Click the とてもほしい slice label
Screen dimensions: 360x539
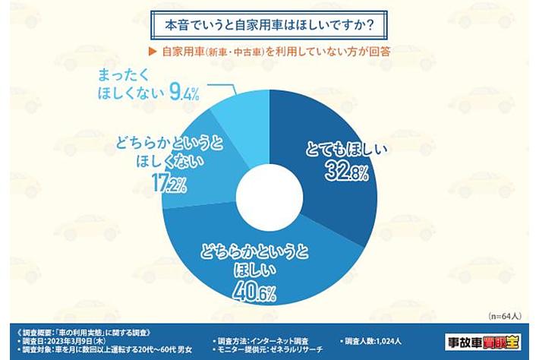[x=348, y=149]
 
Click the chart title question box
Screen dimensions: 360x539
[x=269, y=25]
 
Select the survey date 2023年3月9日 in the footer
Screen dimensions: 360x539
[x=69, y=342]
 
